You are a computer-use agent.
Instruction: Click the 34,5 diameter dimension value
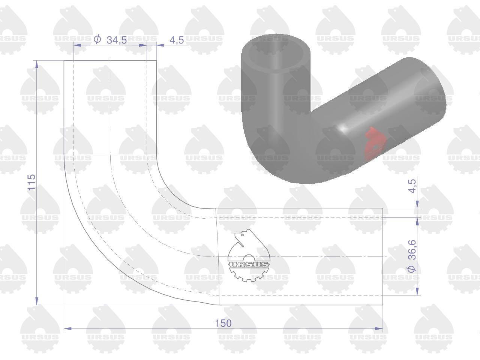117,40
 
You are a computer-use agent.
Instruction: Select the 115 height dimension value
32,182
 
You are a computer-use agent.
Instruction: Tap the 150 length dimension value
223,323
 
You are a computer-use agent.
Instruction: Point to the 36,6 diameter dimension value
412,249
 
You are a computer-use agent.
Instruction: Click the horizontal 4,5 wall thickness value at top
177,40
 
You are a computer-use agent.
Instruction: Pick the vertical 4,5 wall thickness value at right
412,186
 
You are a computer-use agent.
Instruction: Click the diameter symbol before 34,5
97,40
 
